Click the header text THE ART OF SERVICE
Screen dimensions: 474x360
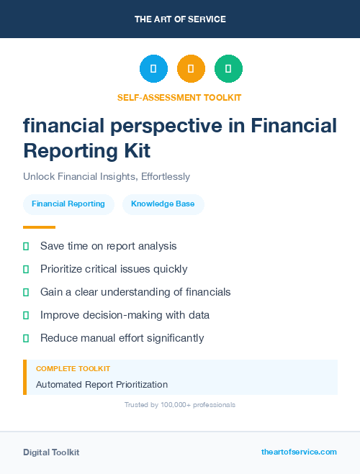pyautogui.click(x=180, y=19)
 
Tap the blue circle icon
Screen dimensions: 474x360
pyautogui.click(x=153, y=69)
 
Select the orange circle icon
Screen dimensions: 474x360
pyautogui.click(x=191, y=69)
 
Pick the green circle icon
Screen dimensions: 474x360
pyautogui.click(x=228, y=69)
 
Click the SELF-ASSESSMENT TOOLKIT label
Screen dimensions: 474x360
pyautogui.click(x=179, y=97)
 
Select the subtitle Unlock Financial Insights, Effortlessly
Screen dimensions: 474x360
pyautogui.click(x=106, y=176)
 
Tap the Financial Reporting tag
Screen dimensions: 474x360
pyautogui.click(x=68, y=204)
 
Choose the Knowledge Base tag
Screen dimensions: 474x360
pyautogui.click(x=163, y=204)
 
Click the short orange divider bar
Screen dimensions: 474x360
pyautogui.click(x=35, y=227)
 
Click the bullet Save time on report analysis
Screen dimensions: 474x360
pyautogui.click(x=108, y=246)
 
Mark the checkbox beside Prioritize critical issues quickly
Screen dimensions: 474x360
pyautogui.click(x=26, y=269)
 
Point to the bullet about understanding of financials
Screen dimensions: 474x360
pyautogui.click(x=135, y=292)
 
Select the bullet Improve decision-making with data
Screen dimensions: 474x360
pyautogui.click(x=125, y=315)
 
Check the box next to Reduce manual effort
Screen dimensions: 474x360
pyautogui.click(x=26, y=338)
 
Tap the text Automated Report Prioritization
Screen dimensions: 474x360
pyautogui.click(x=102, y=385)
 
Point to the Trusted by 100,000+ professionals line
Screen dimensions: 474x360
pyautogui.click(x=180, y=405)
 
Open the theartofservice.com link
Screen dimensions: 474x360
pyautogui.click(x=299, y=452)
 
